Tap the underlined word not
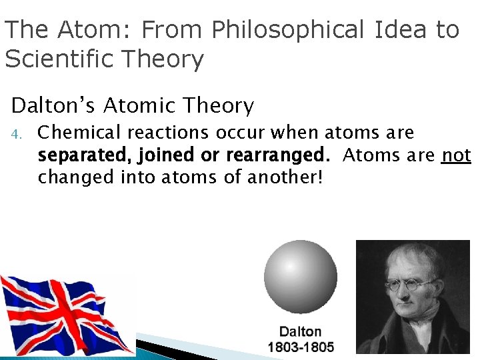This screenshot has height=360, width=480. click(457, 155)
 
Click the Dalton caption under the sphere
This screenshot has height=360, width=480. click(300, 331)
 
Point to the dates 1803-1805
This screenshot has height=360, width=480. click(300, 347)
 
